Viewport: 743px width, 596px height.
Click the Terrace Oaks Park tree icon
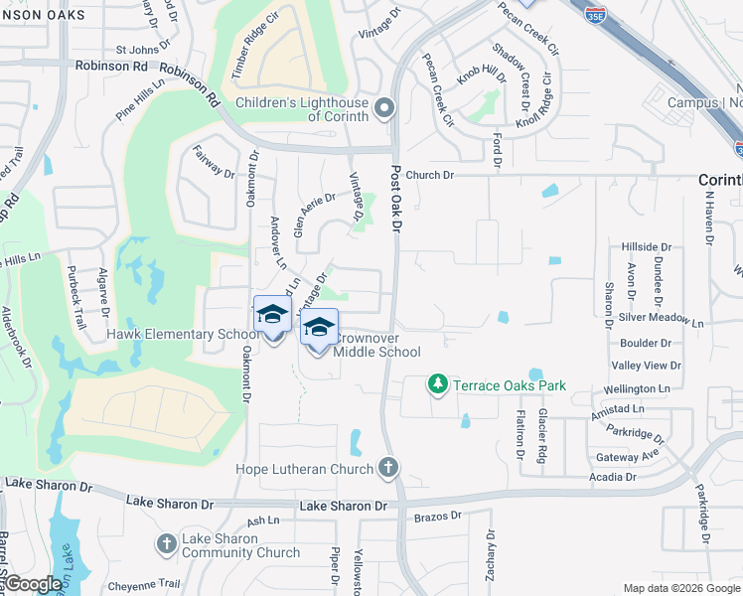coord(436,383)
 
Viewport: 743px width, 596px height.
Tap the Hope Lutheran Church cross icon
coord(388,468)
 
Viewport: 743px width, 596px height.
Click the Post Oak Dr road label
coord(394,200)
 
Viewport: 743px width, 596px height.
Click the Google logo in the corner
coord(34,584)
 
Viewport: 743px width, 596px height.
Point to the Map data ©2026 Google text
coord(680,588)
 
